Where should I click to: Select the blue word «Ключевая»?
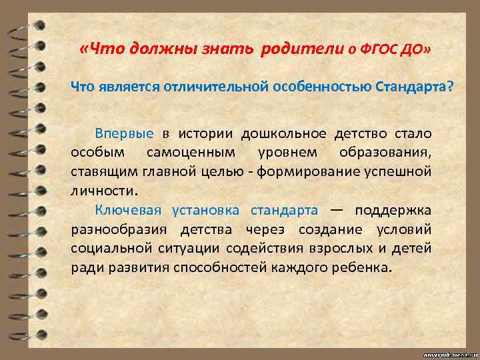(x=128, y=211)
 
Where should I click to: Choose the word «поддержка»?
(x=393, y=211)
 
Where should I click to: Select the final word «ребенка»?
(x=365, y=267)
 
